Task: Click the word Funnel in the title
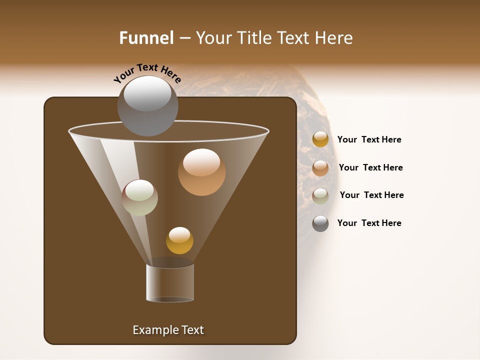(x=146, y=38)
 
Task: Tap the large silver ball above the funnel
(x=148, y=106)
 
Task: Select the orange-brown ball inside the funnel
(x=201, y=172)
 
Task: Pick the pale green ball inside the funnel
(x=139, y=197)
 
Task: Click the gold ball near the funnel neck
(x=179, y=240)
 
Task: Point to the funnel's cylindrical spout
(x=170, y=282)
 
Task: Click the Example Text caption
(x=168, y=330)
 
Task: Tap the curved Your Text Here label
(x=147, y=73)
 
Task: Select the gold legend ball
(x=320, y=139)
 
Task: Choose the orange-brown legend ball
(x=320, y=168)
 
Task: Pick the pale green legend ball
(x=320, y=196)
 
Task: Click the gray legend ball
(x=320, y=223)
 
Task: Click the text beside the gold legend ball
(x=369, y=139)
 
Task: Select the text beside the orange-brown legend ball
(x=371, y=167)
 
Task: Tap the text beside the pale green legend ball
(x=372, y=195)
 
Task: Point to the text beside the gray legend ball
(x=369, y=223)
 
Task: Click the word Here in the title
(x=334, y=38)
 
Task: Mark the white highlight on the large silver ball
(x=147, y=93)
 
